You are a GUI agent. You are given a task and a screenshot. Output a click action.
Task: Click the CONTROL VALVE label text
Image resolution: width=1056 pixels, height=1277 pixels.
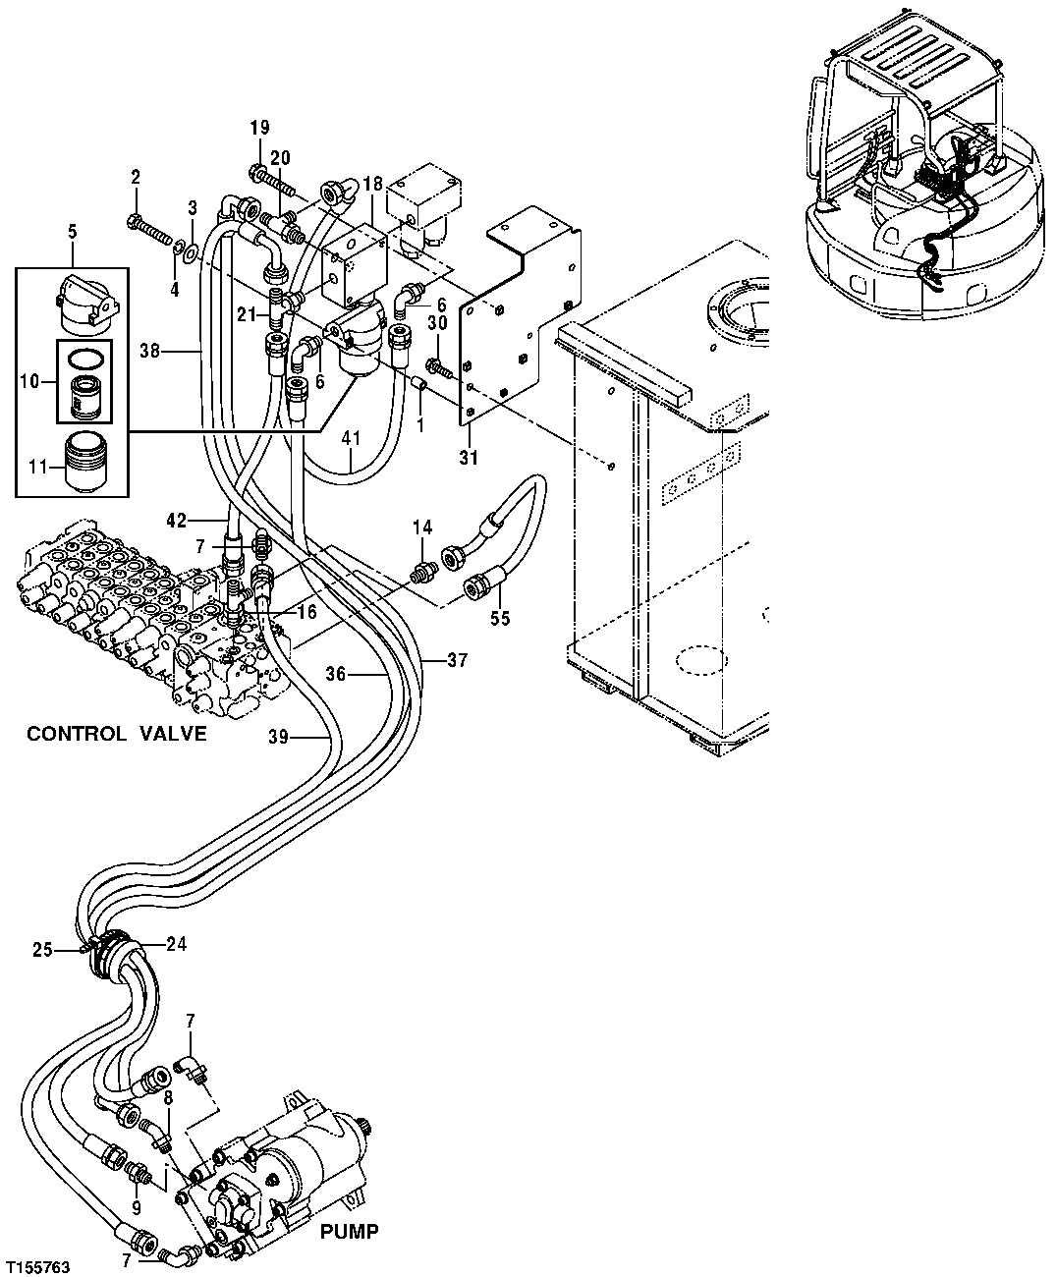coord(116,734)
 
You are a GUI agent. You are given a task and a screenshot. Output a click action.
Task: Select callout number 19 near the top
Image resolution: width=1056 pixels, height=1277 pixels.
coord(259,128)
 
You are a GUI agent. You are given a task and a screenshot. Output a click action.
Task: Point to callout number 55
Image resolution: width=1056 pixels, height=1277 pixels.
coord(500,621)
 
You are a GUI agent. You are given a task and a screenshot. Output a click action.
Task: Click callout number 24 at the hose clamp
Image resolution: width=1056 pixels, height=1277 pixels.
coord(176,944)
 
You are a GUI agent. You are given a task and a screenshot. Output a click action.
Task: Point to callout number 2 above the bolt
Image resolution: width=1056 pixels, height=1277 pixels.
coord(136,178)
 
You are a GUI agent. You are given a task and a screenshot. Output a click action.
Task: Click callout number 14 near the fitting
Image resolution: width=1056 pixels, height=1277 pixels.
coord(421,528)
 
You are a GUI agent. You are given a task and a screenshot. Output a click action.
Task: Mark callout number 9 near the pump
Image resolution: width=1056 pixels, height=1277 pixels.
coord(136,1209)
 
